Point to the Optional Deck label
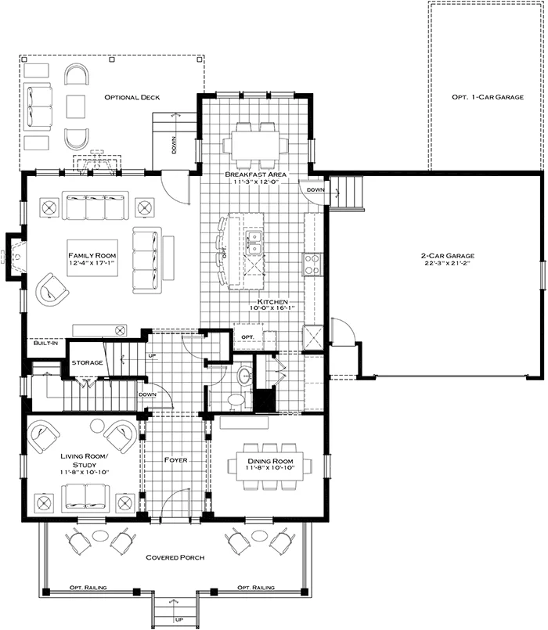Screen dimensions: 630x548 pos(132,97)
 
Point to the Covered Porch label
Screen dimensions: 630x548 pos(175,557)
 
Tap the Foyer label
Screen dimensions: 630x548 pos(175,460)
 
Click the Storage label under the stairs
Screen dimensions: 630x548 pos(86,363)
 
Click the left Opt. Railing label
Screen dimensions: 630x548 pos(88,587)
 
